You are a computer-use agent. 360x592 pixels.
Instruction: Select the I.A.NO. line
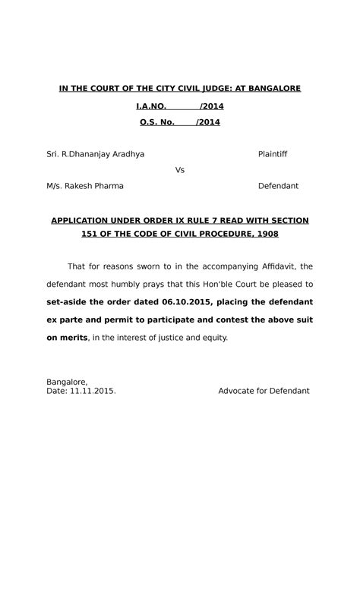tap(179, 106)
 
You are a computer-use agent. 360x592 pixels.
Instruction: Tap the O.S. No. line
tap(179, 122)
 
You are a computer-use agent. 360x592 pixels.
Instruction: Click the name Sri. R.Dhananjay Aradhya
tap(96, 154)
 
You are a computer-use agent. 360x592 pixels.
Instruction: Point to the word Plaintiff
tap(273, 154)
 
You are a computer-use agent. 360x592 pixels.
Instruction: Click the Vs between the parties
tap(180, 170)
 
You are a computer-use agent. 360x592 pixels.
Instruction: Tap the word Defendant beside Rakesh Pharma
tap(278, 186)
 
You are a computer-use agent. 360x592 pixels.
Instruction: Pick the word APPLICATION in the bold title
tap(81, 221)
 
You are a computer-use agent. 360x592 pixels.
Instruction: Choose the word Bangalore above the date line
tap(67, 382)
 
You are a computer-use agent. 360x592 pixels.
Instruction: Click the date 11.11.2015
tap(93, 391)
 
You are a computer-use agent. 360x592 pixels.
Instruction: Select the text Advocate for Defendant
tap(264, 391)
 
